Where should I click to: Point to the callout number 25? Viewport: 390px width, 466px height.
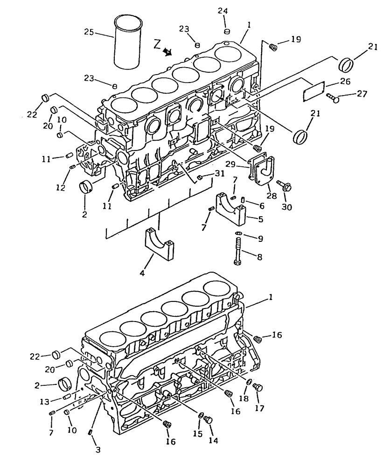(x=89, y=32)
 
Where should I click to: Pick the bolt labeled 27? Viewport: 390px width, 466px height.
(x=333, y=98)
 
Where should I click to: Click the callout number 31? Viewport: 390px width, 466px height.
(x=219, y=174)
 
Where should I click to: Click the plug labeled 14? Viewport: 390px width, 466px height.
(x=209, y=420)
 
